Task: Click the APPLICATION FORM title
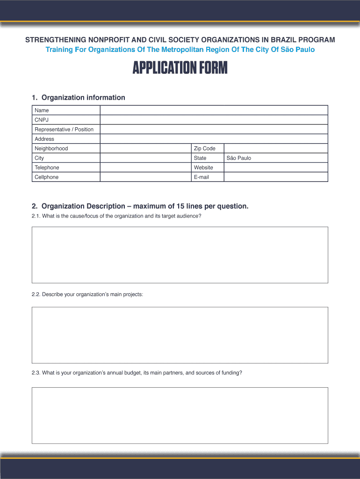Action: pos(180,68)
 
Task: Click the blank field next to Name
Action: pos(214,110)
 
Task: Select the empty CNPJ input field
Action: pos(214,120)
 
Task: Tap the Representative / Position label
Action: pos(64,130)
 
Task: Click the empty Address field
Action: pos(214,139)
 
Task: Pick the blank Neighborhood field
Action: pos(145,148)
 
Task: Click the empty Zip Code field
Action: pos(275,148)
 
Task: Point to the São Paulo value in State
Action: pos(239,158)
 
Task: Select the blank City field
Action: pos(145,158)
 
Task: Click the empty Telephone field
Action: pos(145,167)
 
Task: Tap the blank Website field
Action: pos(275,167)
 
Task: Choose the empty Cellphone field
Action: pos(145,177)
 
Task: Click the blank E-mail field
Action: pos(275,177)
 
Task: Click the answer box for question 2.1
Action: pos(180,255)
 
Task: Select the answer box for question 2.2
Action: pos(180,335)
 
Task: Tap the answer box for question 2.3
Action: pos(180,415)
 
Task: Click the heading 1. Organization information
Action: pos(79,98)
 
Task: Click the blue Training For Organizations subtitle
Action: pos(180,50)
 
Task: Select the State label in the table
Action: pos(200,158)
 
